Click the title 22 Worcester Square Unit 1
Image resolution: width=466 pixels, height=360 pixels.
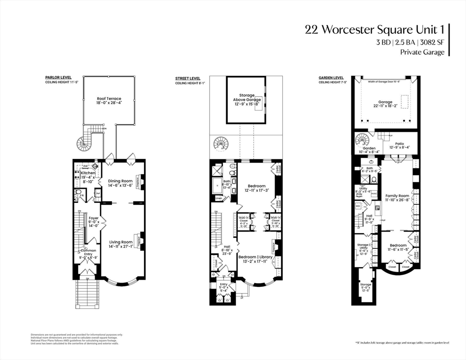tap(374, 30)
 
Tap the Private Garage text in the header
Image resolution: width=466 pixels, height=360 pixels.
tap(422, 52)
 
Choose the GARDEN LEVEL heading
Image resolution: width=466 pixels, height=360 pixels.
tap(331, 78)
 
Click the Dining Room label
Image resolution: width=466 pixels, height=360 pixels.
tap(120, 181)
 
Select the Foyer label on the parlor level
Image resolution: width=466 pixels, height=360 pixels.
tap(94, 218)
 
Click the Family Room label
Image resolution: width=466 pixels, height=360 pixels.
tap(397, 196)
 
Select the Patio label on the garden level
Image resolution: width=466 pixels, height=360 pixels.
tap(399, 144)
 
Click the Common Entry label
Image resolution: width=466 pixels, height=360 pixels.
tap(85, 251)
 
